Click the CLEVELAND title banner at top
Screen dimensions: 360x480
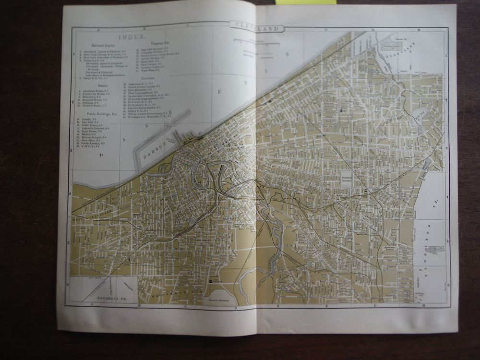point(257,28)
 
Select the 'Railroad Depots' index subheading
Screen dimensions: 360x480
point(98,44)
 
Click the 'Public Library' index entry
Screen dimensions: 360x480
point(92,143)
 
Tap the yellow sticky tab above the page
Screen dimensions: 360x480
point(306,2)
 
